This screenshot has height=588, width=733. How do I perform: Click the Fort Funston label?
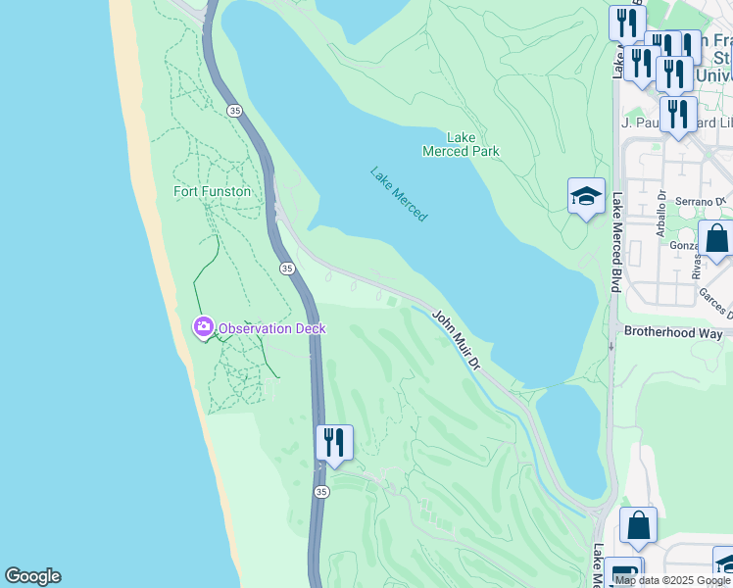(x=212, y=191)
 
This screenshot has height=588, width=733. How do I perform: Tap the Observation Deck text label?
(x=271, y=328)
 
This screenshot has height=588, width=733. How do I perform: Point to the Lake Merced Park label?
(x=461, y=144)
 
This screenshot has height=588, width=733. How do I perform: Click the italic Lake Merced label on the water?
(x=398, y=193)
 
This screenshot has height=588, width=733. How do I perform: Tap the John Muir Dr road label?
(x=457, y=341)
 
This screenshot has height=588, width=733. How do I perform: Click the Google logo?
(x=32, y=576)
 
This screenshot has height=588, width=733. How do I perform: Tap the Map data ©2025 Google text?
(x=673, y=580)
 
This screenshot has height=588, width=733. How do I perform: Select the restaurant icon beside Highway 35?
(x=334, y=442)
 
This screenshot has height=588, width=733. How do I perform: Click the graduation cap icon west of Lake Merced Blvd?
(x=586, y=196)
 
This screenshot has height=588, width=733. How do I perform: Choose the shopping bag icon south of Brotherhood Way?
(x=638, y=526)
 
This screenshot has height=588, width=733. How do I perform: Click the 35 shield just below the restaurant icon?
(x=321, y=491)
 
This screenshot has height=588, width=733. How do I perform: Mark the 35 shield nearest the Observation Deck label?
(x=286, y=268)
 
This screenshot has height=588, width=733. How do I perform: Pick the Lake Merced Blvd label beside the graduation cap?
(x=617, y=241)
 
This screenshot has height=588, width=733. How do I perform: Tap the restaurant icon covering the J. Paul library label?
(x=678, y=114)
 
